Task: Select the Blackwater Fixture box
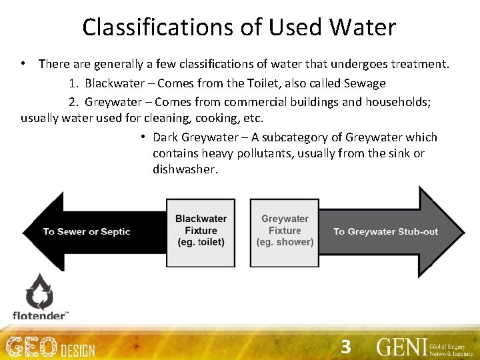(x=201, y=231)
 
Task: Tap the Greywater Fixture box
(x=285, y=231)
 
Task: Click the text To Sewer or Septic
(x=87, y=231)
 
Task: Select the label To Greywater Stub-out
(x=385, y=231)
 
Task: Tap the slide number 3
(x=345, y=347)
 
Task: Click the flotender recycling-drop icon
(x=39, y=291)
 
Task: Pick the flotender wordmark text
(x=39, y=315)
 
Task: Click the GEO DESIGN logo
(x=51, y=348)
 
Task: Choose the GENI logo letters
(x=401, y=347)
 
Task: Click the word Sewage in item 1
(x=365, y=84)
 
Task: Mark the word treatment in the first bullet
(x=419, y=64)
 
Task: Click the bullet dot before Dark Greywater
(x=143, y=137)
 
